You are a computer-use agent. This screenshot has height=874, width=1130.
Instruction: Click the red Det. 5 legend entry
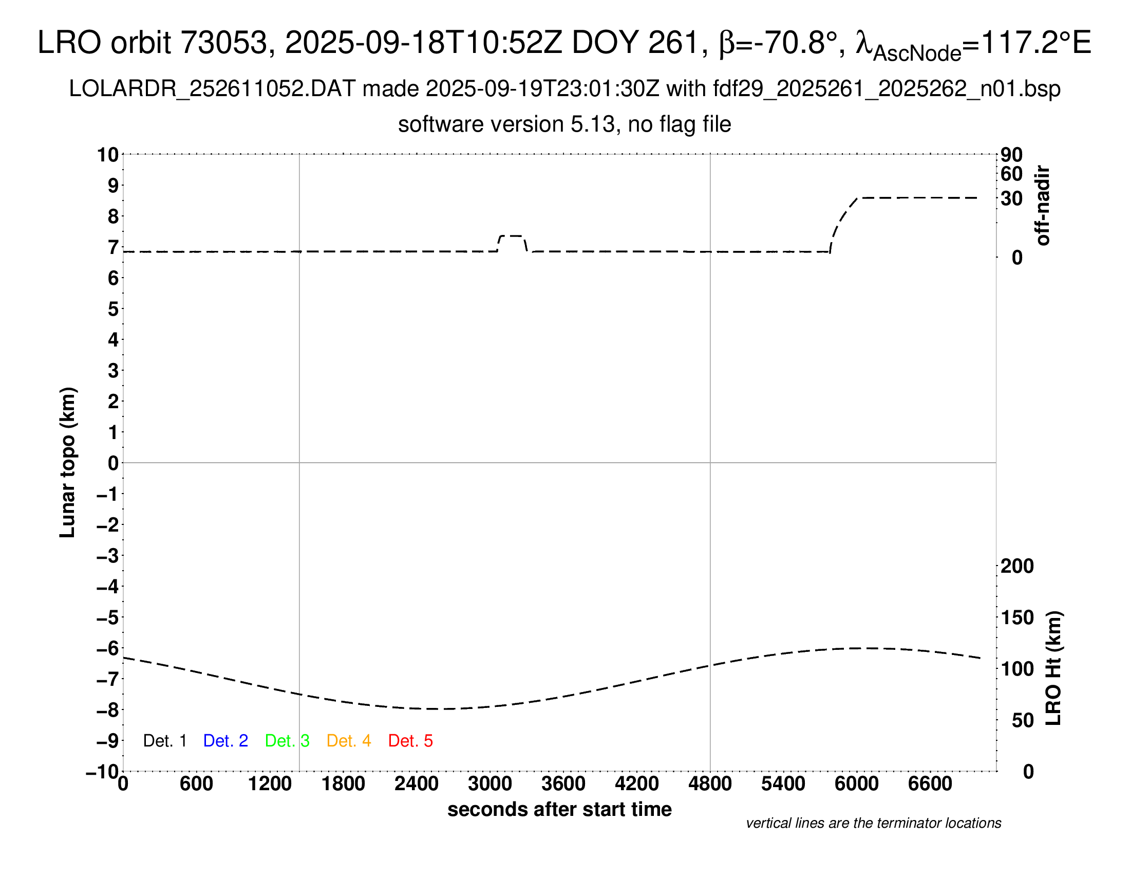410,741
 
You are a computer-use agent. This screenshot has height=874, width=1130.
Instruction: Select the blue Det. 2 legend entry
225,741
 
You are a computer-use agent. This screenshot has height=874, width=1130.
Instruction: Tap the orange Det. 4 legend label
349,741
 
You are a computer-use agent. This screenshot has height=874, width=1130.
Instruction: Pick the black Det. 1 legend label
164,741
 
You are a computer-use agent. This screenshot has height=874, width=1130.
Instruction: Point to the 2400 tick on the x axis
417,784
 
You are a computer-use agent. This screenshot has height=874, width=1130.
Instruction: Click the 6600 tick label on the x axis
930,784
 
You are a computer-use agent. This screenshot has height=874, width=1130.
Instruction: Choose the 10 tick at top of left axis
108,154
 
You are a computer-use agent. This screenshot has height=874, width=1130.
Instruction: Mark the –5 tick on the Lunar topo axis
108,617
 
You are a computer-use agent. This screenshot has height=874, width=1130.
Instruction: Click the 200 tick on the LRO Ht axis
1017,566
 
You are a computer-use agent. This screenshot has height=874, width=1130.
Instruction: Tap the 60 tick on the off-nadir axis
1011,174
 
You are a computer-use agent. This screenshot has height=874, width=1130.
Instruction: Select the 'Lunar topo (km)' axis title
68,462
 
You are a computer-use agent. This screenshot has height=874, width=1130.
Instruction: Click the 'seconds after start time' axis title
559,809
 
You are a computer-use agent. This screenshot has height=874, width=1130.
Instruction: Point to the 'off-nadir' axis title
1043,206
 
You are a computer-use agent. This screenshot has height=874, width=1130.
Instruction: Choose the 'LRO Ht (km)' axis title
1053,668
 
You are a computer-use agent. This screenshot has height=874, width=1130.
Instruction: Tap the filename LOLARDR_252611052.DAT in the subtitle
212,89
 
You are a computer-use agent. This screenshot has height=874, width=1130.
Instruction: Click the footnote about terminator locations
873,823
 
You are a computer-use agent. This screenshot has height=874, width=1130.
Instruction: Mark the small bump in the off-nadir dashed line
512,236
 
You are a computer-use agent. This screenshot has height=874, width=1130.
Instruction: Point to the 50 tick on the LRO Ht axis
1022,720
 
